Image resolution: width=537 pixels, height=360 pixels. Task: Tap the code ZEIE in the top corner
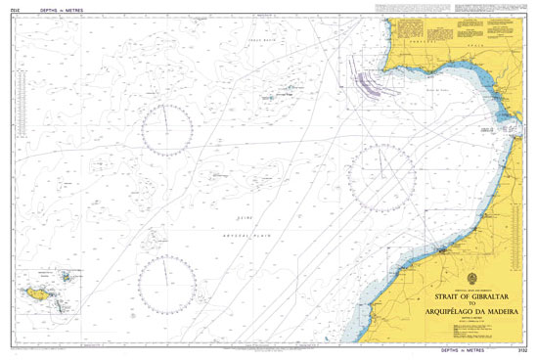click(16, 9)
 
